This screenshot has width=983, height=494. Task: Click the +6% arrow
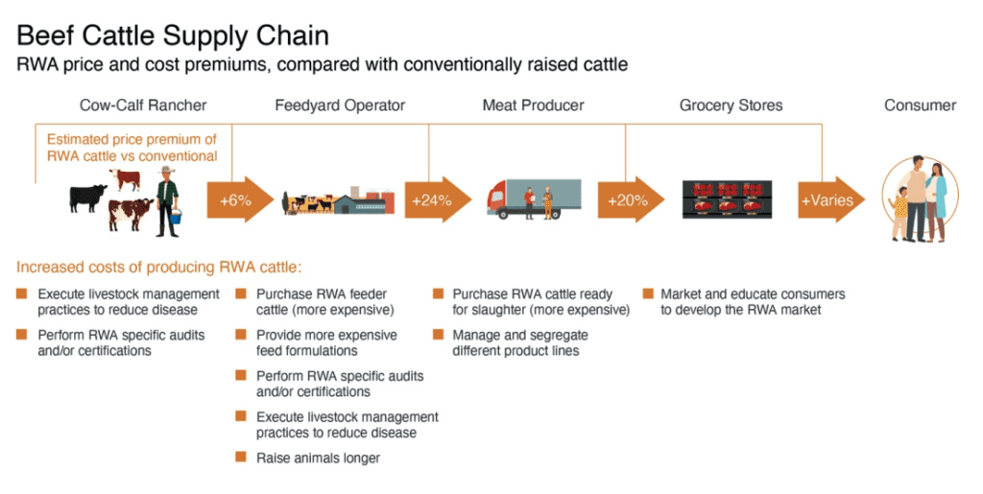(240, 200)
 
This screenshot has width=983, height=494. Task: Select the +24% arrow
(438, 200)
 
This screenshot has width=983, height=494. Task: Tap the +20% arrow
(632, 200)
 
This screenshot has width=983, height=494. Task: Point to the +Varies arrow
(830, 200)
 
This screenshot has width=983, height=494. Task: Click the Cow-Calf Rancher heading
(143, 106)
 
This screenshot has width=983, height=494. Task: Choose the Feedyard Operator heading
(340, 106)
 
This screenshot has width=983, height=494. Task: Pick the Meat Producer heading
(533, 106)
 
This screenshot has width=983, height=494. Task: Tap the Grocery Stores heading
(731, 106)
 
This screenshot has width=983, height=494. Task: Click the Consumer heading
(920, 106)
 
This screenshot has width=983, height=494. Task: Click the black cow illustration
(87, 198)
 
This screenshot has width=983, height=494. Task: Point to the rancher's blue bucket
(177, 217)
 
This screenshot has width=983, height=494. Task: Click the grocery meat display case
(728, 200)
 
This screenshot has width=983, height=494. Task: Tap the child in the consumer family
(900, 213)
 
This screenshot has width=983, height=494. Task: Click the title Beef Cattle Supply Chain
(173, 35)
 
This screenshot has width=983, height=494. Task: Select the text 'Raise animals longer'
(318, 458)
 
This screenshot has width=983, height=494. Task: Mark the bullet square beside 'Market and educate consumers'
(648, 293)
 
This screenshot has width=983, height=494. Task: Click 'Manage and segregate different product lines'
(519, 342)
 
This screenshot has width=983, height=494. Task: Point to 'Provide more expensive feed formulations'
(326, 342)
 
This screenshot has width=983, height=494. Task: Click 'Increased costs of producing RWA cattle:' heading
(158, 268)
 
